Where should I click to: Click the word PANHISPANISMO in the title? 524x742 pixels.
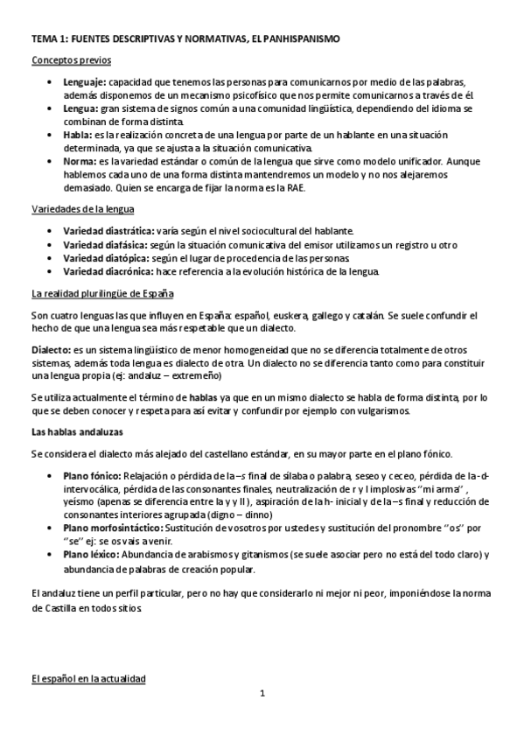(x=300, y=39)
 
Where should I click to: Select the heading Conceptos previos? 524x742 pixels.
(x=71, y=59)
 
